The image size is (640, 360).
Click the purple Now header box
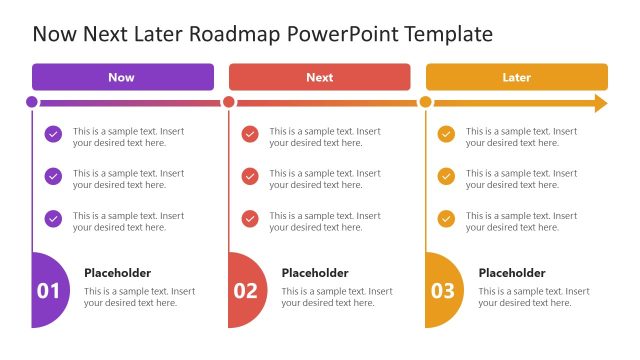coord(122,77)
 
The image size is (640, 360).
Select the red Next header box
coord(319,77)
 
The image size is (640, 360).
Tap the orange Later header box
coord(516,77)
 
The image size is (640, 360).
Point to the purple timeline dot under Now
coord(32,102)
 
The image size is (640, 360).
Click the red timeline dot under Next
coord(229,102)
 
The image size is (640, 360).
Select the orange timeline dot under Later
coord(426,102)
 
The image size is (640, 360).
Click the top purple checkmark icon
coord(53,134)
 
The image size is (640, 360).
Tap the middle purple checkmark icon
coord(53,176)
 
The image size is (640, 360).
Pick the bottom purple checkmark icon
coord(53,218)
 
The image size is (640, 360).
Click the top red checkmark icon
coord(250,134)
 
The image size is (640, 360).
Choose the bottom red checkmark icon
coord(250,218)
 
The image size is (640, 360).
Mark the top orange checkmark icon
coord(446,134)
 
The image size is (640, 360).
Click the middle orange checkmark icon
coord(446,176)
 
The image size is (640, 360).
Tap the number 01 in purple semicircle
coord(48,291)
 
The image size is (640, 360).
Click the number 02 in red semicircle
coord(245,291)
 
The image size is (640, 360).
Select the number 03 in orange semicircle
coord(442,291)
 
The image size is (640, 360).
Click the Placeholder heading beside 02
coord(315,273)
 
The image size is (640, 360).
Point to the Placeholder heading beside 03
coord(512,273)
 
